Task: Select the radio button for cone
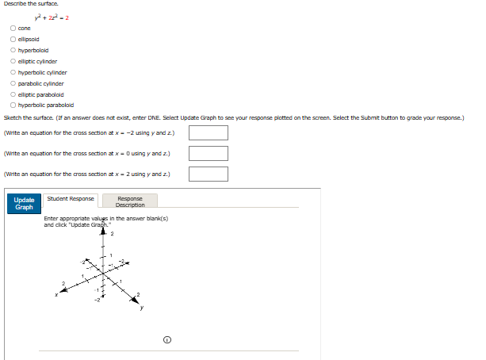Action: click(x=13, y=28)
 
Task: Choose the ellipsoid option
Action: click(x=13, y=39)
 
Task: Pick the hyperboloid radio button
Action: click(x=13, y=50)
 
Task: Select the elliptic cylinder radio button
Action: click(x=13, y=61)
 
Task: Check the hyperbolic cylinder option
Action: click(x=13, y=72)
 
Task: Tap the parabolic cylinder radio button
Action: click(x=13, y=83)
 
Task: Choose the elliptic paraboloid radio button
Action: click(x=13, y=94)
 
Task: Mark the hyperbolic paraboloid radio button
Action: click(x=13, y=105)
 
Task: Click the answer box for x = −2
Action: click(x=208, y=132)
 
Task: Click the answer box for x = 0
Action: click(x=208, y=153)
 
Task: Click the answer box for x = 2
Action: click(x=208, y=174)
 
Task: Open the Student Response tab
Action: click(x=71, y=199)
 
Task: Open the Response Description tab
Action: click(x=130, y=201)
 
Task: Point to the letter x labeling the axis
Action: click(x=56, y=296)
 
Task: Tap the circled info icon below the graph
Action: click(x=167, y=340)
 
